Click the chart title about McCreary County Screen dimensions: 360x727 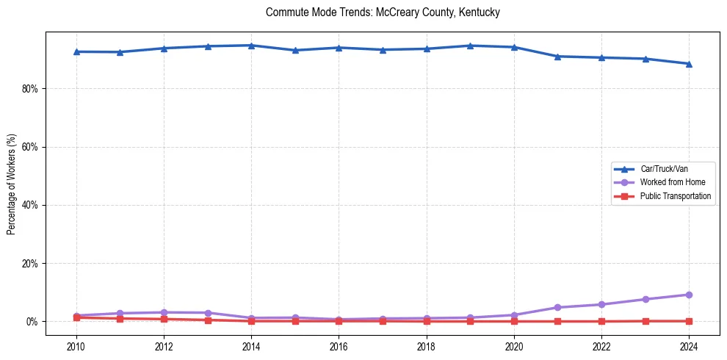(x=383, y=12)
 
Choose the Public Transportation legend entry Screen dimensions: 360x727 (x=675, y=196)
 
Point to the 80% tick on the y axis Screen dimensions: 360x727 (x=30, y=89)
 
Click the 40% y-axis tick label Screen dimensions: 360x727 (x=30, y=205)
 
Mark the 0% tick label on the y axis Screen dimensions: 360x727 (x=32, y=322)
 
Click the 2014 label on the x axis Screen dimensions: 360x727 (x=251, y=346)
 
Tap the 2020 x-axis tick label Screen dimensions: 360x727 (x=514, y=346)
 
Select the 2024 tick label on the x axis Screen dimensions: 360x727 (x=689, y=346)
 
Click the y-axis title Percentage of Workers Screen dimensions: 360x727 (x=12, y=184)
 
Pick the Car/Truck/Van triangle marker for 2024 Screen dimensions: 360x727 (x=689, y=64)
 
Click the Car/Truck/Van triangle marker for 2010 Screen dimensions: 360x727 (x=76, y=51)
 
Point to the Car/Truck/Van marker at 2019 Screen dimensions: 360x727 (x=470, y=46)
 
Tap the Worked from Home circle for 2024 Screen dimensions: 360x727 (x=689, y=295)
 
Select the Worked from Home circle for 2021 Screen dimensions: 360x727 (x=557, y=307)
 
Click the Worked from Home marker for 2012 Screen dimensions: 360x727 (x=164, y=312)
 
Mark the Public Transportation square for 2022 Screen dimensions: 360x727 (x=601, y=321)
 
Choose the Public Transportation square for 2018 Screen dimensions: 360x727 (x=427, y=321)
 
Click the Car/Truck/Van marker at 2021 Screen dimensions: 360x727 (x=557, y=56)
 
